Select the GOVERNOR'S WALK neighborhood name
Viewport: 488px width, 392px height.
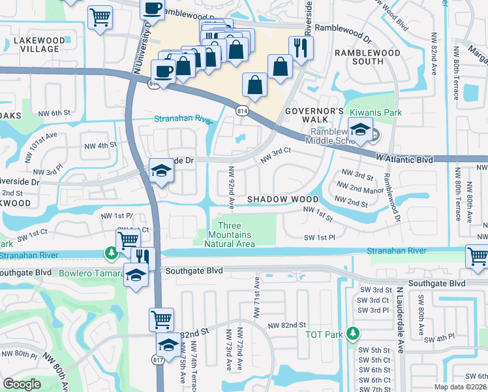314,116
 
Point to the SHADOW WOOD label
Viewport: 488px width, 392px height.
282,199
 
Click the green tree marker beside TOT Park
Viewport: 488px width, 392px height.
353,333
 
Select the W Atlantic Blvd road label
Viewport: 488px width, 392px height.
404,158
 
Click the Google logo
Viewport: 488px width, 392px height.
22,384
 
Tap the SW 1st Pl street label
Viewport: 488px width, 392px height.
320,238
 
